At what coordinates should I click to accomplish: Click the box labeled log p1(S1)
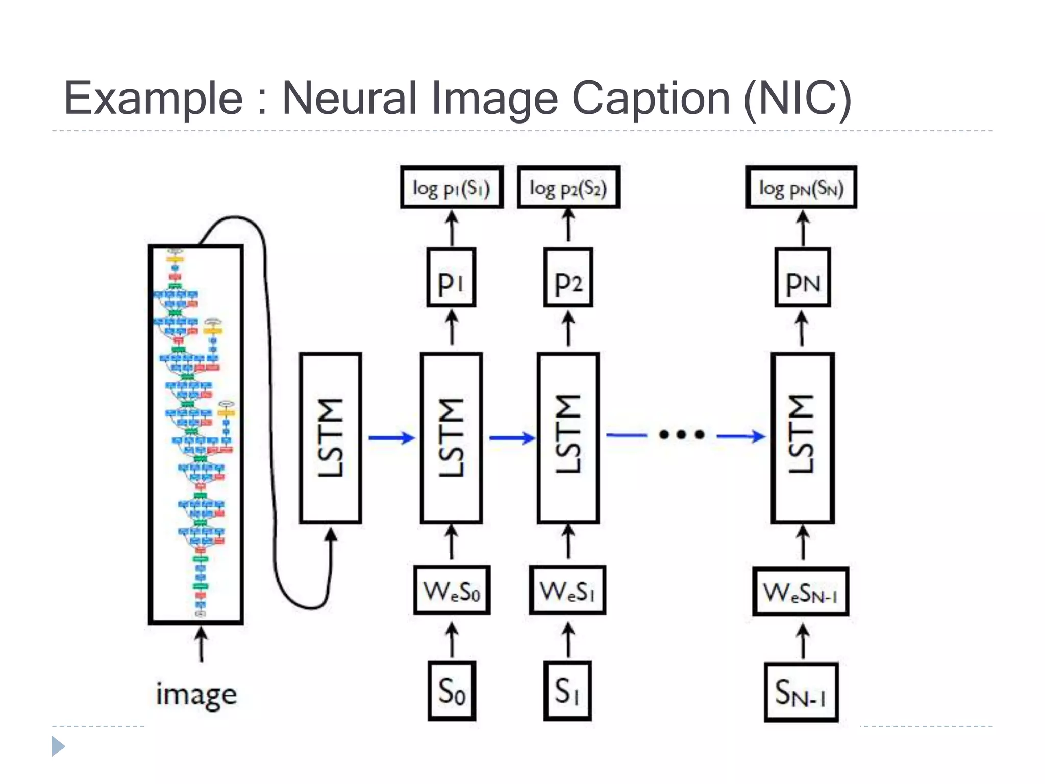(x=452, y=188)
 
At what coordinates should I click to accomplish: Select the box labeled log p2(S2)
(x=568, y=188)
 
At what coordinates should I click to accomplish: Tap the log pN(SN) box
(x=801, y=188)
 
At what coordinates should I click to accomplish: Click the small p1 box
(x=451, y=277)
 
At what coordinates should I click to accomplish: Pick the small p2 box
(x=568, y=277)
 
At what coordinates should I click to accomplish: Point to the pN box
(x=803, y=277)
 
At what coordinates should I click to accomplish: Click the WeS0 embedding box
(x=452, y=590)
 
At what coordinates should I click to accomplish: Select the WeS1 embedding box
(x=567, y=590)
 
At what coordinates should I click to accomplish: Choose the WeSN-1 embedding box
(x=801, y=591)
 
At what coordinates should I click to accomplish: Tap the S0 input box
(x=452, y=691)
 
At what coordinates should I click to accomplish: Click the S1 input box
(x=567, y=691)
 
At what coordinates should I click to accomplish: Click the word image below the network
(x=196, y=694)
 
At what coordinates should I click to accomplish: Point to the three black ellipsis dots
(x=682, y=435)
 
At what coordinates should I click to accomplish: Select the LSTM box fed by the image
(x=331, y=437)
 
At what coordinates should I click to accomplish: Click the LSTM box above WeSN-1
(x=803, y=437)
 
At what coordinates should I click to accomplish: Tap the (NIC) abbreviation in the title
(x=797, y=98)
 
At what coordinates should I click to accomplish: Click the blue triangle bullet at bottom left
(x=58, y=746)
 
